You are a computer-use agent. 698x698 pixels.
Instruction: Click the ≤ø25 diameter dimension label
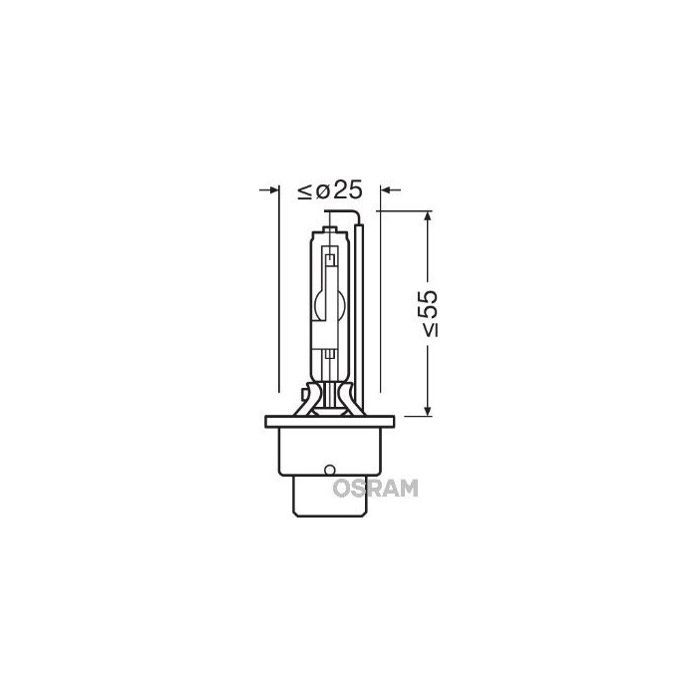coord(328,188)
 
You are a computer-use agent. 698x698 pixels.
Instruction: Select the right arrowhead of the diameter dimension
coord(389,187)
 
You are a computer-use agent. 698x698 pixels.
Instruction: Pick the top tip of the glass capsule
coord(328,228)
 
